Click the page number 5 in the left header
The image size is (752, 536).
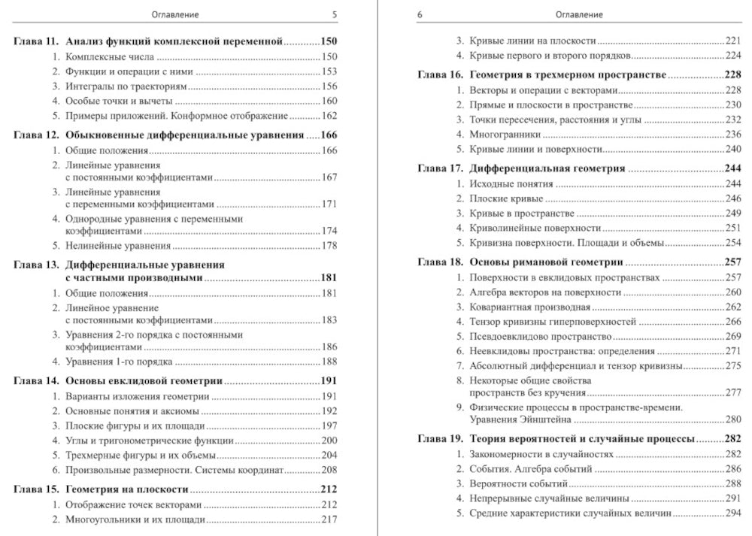click(335, 15)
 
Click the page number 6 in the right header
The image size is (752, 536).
click(420, 15)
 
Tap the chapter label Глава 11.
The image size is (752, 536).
click(36, 41)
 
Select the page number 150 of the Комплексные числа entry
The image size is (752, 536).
click(329, 56)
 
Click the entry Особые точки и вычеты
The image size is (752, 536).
click(119, 101)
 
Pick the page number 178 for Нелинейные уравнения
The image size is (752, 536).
click(329, 246)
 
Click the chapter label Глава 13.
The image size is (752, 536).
click(36, 265)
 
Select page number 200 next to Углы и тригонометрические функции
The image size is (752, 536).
click(329, 441)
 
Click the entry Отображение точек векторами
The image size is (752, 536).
click(134, 505)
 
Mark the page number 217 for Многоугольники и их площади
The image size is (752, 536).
click(329, 519)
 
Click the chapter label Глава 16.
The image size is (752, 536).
click(440, 74)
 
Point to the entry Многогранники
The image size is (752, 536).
click(505, 135)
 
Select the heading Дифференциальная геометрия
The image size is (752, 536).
click(547, 168)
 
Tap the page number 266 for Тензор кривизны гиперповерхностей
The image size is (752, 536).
click(733, 322)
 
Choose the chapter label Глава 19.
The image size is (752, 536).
click(440, 439)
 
